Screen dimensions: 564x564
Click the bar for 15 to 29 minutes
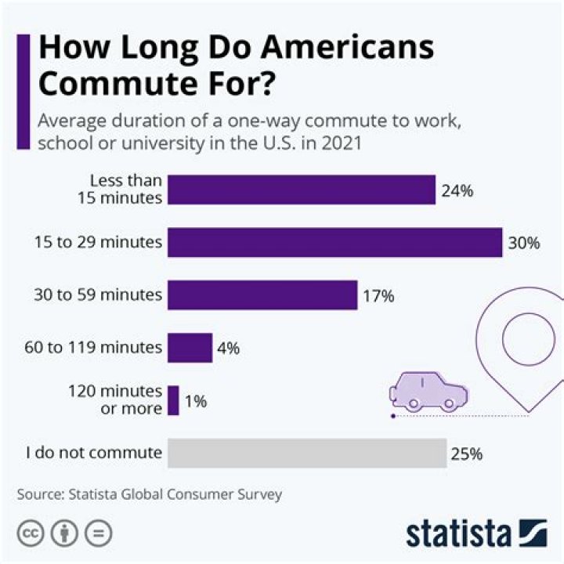click(x=334, y=242)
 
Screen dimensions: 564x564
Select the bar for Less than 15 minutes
click(x=302, y=190)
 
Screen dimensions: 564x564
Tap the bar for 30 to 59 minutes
click(x=262, y=295)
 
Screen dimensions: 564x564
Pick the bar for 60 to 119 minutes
click(x=190, y=347)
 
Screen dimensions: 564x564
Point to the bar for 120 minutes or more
click(x=173, y=400)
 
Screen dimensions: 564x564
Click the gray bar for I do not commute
click(x=307, y=453)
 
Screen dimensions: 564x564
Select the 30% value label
click(x=524, y=243)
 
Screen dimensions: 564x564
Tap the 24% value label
click(x=457, y=190)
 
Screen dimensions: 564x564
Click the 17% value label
click(x=378, y=296)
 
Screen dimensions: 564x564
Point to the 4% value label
click(x=229, y=348)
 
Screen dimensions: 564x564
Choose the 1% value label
click(x=195, y=401)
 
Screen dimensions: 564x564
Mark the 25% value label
click(x=466, y=454)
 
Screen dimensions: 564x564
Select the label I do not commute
click(x=94, y=453)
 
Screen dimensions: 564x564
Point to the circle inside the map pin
click(x=527, y=339)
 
